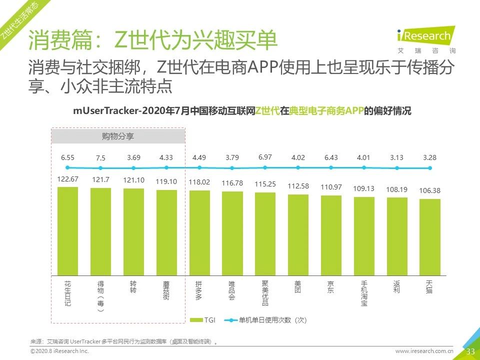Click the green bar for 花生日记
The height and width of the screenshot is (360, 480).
(x=68, y=231)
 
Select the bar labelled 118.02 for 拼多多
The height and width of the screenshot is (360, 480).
(x=199, y=232)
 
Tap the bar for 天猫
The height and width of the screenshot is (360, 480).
(x=429, y=237)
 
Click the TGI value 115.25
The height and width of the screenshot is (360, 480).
(x=265, y=184)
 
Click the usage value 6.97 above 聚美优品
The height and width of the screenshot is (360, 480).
(x=265, y=157)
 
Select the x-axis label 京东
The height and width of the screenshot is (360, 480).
(x=330, y=287)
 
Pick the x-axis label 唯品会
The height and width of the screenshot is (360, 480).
(x=232, y=290)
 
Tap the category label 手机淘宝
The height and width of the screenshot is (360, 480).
(x=363, y=293)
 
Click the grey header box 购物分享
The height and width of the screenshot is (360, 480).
(x=118, y=136)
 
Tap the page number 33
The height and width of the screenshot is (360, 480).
(x=470, y=351)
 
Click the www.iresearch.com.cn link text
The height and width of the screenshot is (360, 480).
(x=424, y=351)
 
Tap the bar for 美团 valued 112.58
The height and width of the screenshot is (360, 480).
(x=298, y=234)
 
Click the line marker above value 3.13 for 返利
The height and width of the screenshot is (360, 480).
(x=397, y=168)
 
